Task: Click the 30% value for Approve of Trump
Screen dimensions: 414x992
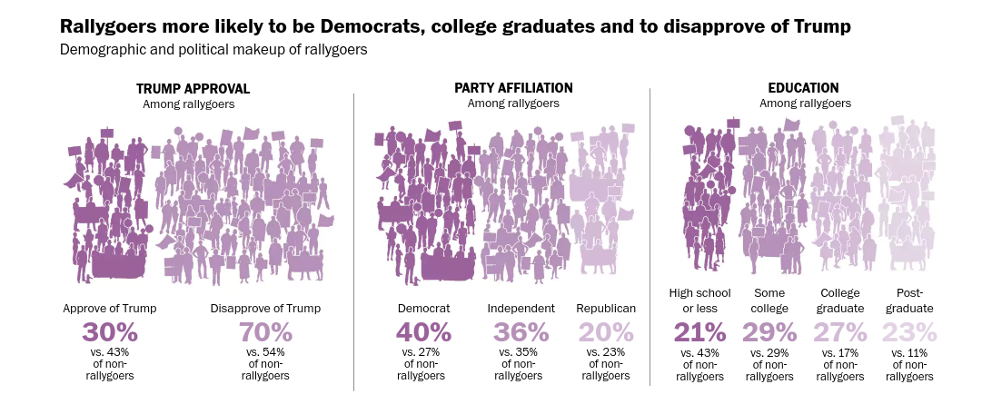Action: [x=110, y=332]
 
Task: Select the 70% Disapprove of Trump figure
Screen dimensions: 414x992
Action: [x=266, y=332]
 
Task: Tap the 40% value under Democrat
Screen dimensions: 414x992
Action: [x=423, y=332]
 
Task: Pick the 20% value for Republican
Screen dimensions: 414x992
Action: [x=606, y=332]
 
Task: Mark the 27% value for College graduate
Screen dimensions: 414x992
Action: [x=840, y=332]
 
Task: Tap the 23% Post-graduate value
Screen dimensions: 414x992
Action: [x=910, y=332]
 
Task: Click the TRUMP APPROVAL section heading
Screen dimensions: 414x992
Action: [x=193, y=89]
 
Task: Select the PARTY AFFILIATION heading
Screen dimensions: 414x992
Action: [x=513, y=88]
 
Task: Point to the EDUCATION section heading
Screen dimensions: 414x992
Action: [x=803, y=88]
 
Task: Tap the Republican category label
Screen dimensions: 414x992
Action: [x=606, y=309]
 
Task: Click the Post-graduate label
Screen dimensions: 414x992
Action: [x=910, y=301]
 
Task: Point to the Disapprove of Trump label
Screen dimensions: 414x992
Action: [x=266, y=309]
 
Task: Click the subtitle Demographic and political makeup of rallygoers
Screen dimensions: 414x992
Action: [x=213, y=50]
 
